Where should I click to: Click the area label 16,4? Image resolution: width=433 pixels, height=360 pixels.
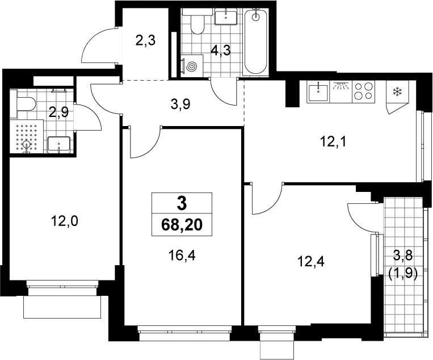click(x=182, y=256)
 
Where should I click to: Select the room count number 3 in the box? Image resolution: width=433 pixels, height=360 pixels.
click(x=182, y=204)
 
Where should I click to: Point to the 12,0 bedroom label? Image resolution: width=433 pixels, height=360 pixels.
click(x=64, y=221)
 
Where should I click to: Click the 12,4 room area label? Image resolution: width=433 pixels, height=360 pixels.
click(x=311, y=261)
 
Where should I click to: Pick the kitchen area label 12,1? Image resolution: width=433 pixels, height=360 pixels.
click(x=333, y=143)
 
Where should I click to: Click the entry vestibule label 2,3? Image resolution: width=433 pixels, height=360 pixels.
click(x=145, y=41)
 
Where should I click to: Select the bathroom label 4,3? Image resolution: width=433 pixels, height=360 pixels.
click(x=220, y=51)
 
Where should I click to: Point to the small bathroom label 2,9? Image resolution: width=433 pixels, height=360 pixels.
click(x=58, y=112)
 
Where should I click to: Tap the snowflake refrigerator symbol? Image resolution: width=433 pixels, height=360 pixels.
click(x=398, y=92)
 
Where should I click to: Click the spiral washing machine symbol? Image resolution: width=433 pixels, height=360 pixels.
click(x=192, y=66)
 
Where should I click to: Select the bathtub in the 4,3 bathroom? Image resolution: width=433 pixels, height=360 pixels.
click(x=256, y=41)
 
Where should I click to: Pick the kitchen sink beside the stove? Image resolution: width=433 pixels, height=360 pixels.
click(x=318, y=93)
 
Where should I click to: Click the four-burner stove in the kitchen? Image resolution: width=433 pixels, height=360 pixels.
click(x=363, y=91)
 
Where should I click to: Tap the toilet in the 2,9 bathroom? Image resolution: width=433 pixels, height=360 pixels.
click(x=23, y=104)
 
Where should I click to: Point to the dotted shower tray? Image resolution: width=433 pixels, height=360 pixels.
click(x=27, y=136)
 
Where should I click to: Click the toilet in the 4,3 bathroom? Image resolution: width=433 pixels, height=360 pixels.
click(x=197, y=23)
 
